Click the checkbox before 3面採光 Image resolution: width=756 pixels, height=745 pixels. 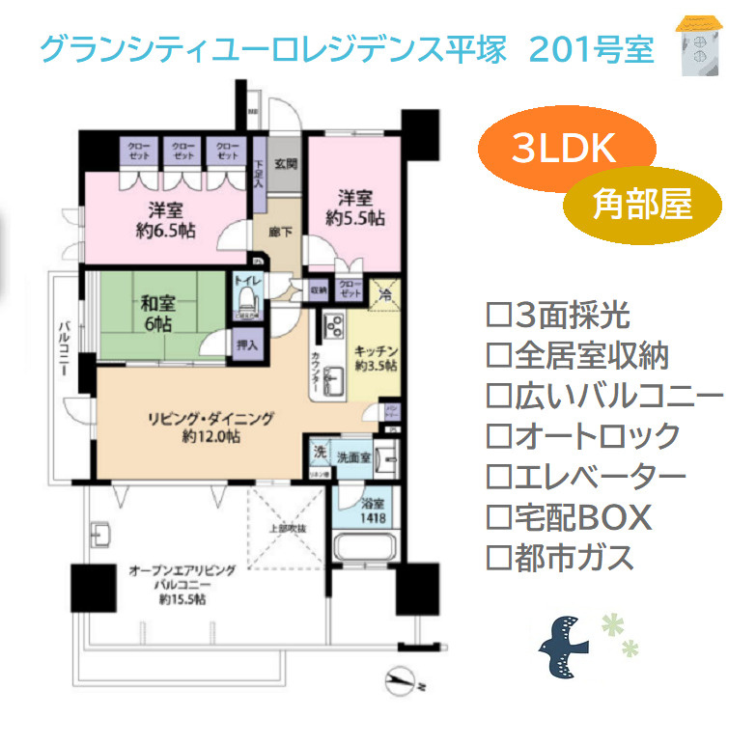pyautogui.click(x=499, y=316)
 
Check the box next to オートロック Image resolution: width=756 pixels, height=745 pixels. pyautogui.click(x=499, y=436)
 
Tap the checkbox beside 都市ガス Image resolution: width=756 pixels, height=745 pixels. pyautogui.click(x=499, y=557)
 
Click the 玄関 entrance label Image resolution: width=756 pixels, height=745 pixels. pyautogui.click(x=285, y=163)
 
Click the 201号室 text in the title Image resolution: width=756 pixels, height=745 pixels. pyautogui.click(x=591, y=49)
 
